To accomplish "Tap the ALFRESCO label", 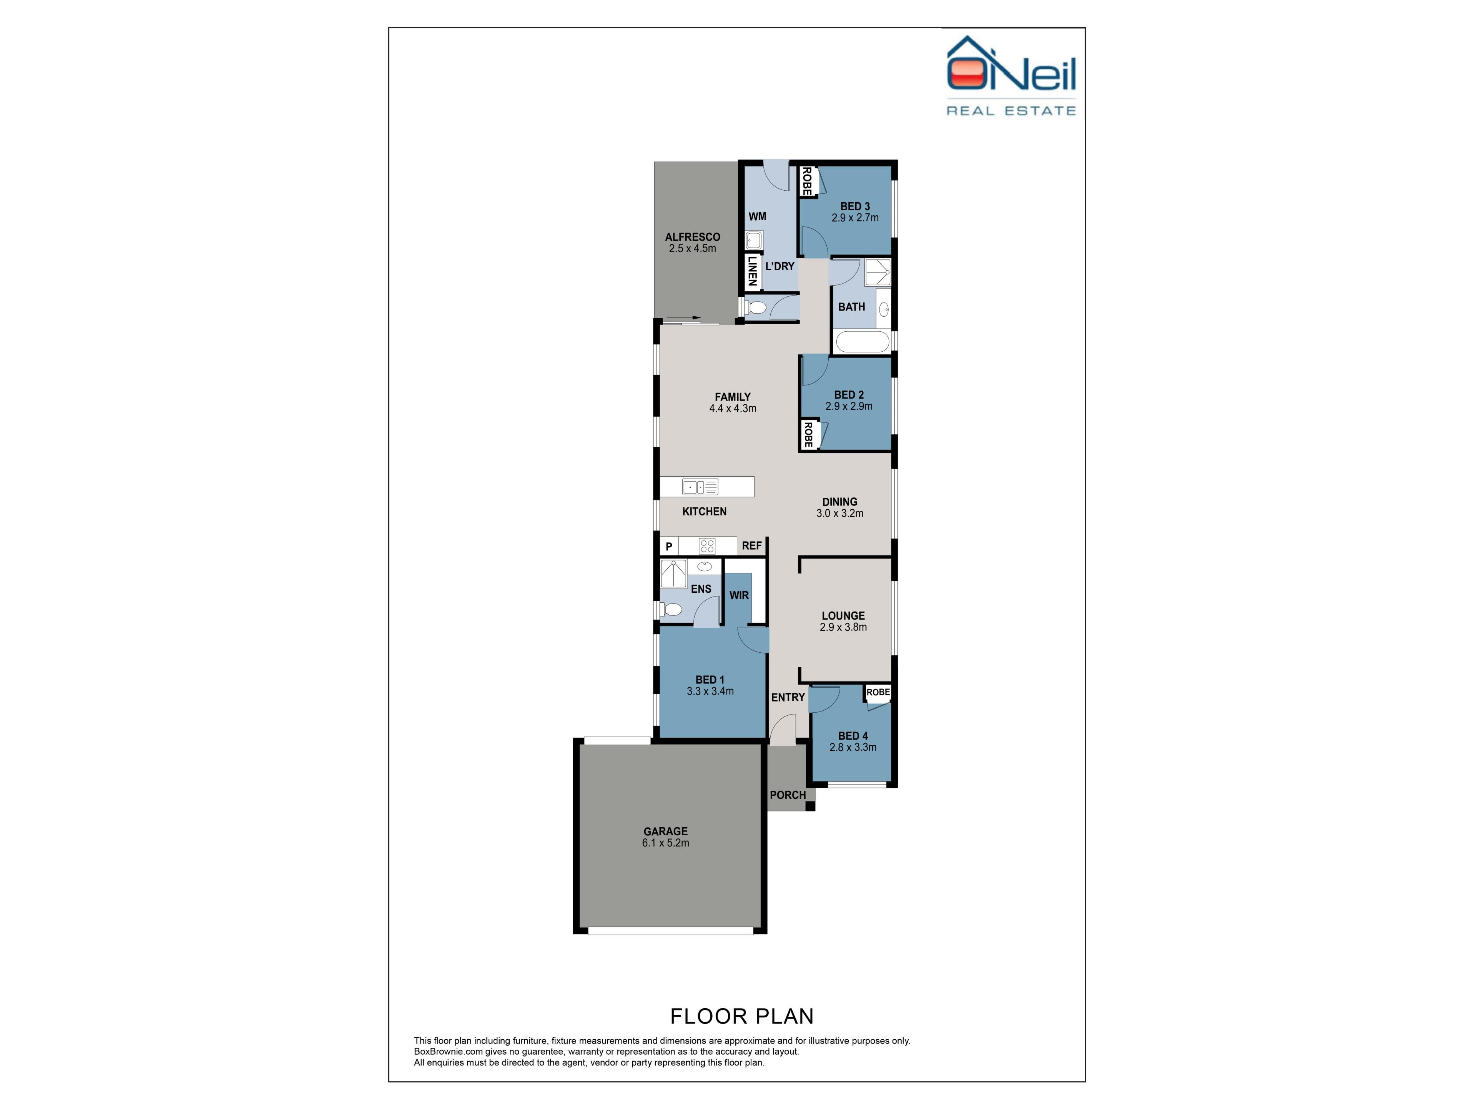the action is (x=693, y=237).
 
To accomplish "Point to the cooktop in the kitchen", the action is (x=706, y=547).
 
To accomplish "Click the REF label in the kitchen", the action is (x=751, y=546).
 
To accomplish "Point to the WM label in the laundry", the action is (x=757, y=216).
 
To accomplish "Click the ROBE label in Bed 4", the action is (x=878, y=692).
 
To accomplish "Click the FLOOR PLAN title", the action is (x=741, y=1016).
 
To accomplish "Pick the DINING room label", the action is (x=839, y=502).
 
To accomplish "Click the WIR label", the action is (x=739, y=595).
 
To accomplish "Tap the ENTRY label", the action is (x=788, y=697).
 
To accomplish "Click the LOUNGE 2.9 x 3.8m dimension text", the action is (x=843, y=627).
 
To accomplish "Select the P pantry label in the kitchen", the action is (x=668, y=547).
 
